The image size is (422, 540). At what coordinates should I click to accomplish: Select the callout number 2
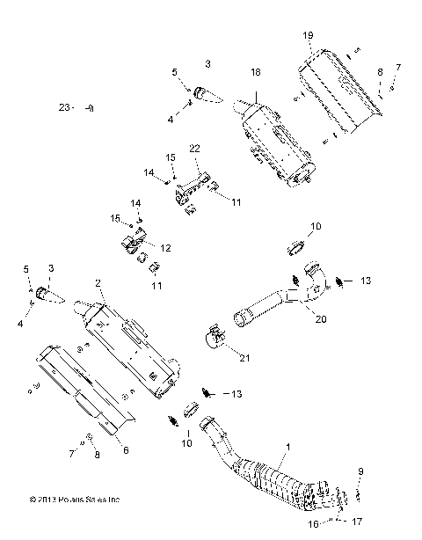(x=98, y=283)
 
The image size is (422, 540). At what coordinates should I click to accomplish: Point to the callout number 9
(x=360, y=473)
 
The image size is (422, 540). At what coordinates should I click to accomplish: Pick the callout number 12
(x=165, y=247)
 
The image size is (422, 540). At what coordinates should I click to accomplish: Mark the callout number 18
(x=256, y=71)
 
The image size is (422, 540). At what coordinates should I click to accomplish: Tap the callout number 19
(x=309, y=35)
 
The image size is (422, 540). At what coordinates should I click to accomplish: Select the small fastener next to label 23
(x=91, y=107)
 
